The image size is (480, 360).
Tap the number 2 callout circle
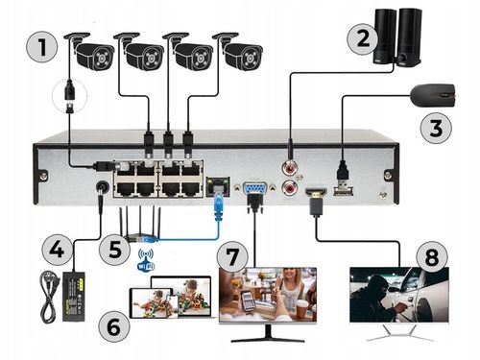(361, 39)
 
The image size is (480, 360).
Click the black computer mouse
(435, 96)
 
